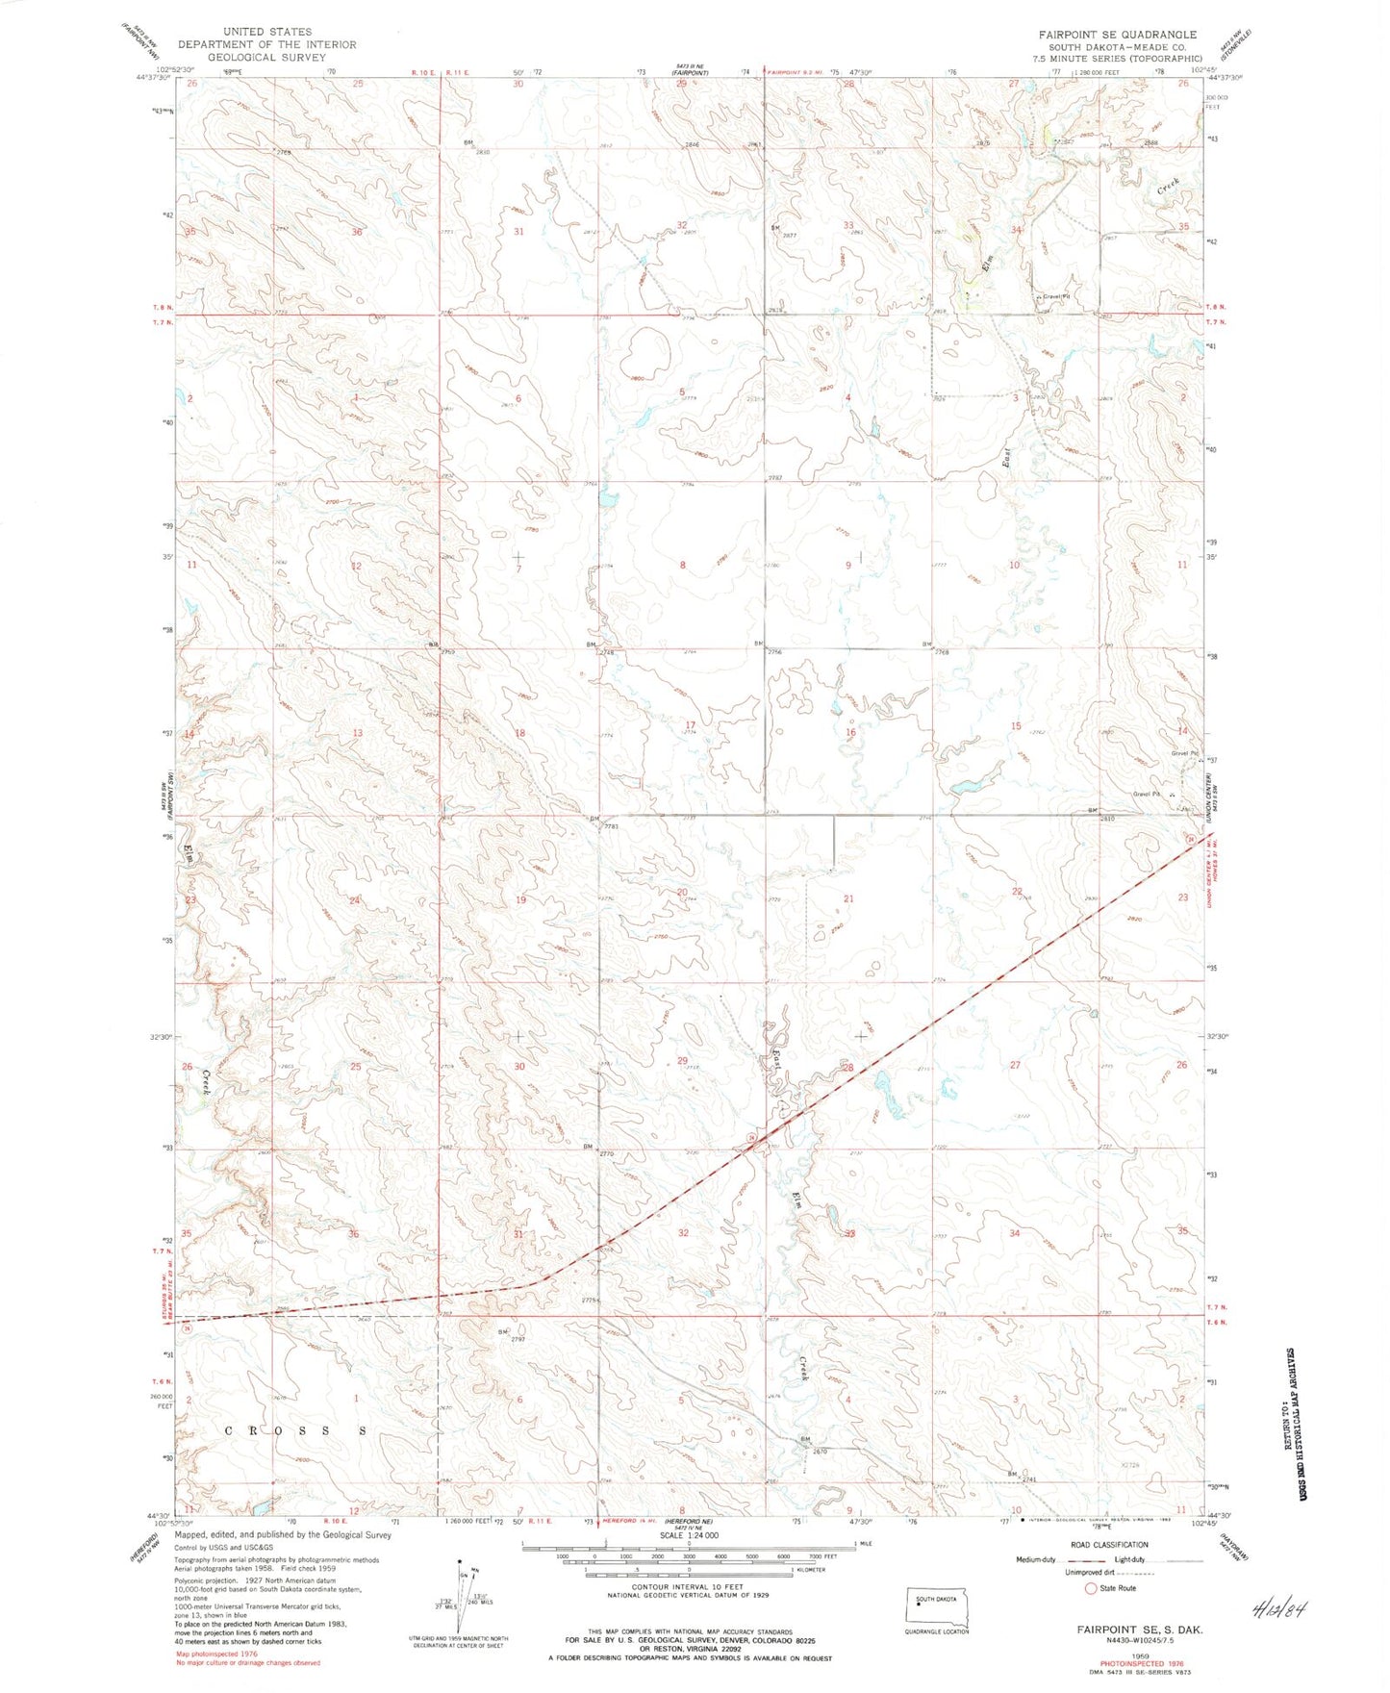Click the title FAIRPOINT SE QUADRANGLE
[x=1117, y=34]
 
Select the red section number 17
[x=690, y=725]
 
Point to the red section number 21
[x=848, y=898]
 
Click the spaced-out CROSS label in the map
[x=295, y=1430]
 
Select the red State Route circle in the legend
[x=1091, y=1588]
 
